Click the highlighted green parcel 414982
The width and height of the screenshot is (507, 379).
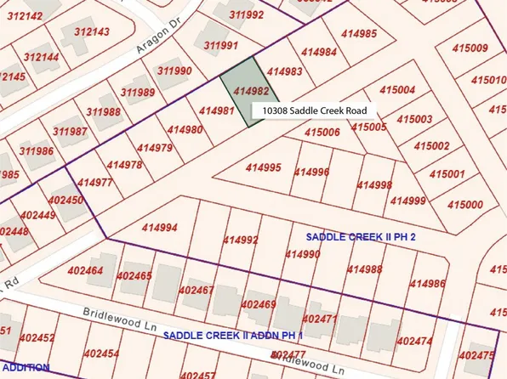click(244, 92)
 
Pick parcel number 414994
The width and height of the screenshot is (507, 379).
click(160, 227)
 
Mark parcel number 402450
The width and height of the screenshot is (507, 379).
click(66, 200)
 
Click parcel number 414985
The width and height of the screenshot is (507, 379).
click(358, 34)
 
